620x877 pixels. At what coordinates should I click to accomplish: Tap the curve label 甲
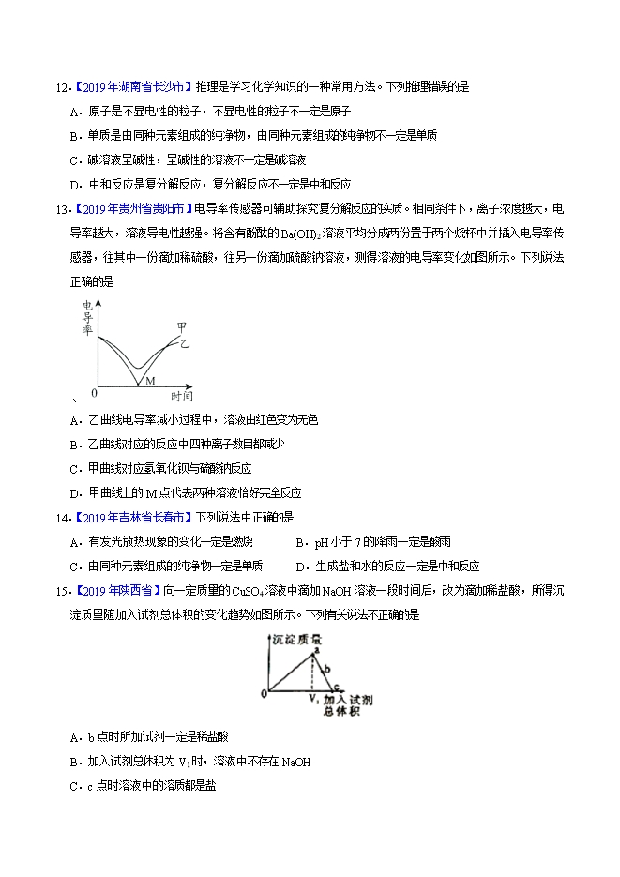tap(181, 326)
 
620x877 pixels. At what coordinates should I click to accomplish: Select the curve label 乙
tap(185, 345)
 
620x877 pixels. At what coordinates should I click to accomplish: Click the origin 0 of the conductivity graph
tap(94, 392)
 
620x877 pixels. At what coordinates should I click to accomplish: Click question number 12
tap(60, 87)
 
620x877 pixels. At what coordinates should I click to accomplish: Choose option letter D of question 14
tap(299, 566)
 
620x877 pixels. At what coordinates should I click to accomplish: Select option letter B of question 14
tap(299, 542)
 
